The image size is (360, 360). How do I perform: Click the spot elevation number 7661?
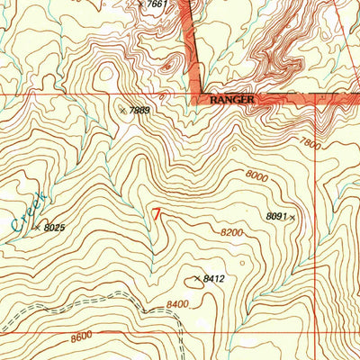point(157,4)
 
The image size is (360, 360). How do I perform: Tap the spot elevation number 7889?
point(139,110)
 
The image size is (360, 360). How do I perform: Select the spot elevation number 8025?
point(56,229)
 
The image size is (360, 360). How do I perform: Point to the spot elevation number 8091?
point(275,216)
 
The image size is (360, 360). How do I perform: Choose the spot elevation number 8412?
point(213,279)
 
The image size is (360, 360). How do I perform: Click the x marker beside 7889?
point(122,110)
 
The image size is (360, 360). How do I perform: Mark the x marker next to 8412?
point(197,278)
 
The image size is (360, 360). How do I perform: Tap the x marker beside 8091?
point(292,217)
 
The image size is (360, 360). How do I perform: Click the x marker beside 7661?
point(141,4)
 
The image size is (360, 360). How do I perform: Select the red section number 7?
point(158,215)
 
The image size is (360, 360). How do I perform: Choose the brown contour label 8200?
point(232,232)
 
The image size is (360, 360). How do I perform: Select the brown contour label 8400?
point(176,305)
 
